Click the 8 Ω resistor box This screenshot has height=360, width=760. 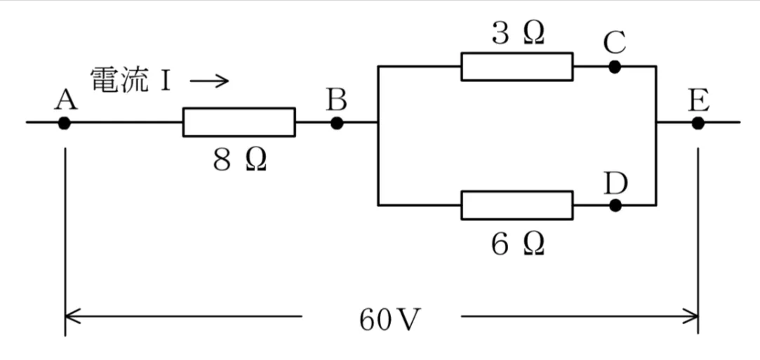[x=239, y=122]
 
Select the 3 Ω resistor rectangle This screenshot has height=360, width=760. [x=517, y=67]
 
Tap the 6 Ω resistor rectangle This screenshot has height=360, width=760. [x=517, y=206]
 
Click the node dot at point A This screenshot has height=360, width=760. [x=65, y=123]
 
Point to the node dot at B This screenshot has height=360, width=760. [x=337, y=123]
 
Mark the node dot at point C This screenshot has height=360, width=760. [x=615, y=67]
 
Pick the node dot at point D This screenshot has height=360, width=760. [x=615, y=206]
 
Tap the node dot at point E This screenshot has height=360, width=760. [x=698, y=123]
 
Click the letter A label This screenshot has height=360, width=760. [x=66, y=101]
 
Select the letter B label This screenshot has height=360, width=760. [x=336, y=101]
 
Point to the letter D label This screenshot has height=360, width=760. [x=616, y=182]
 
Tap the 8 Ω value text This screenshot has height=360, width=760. [x=240, y=161]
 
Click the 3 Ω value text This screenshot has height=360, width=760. [x=518, y=33]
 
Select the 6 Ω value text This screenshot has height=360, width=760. [x=518, y=245]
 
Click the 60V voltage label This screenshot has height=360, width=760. [x=387, y=320]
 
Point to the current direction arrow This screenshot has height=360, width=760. [x=209, y=81]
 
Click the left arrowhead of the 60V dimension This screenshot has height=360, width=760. [x=65, y=317]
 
